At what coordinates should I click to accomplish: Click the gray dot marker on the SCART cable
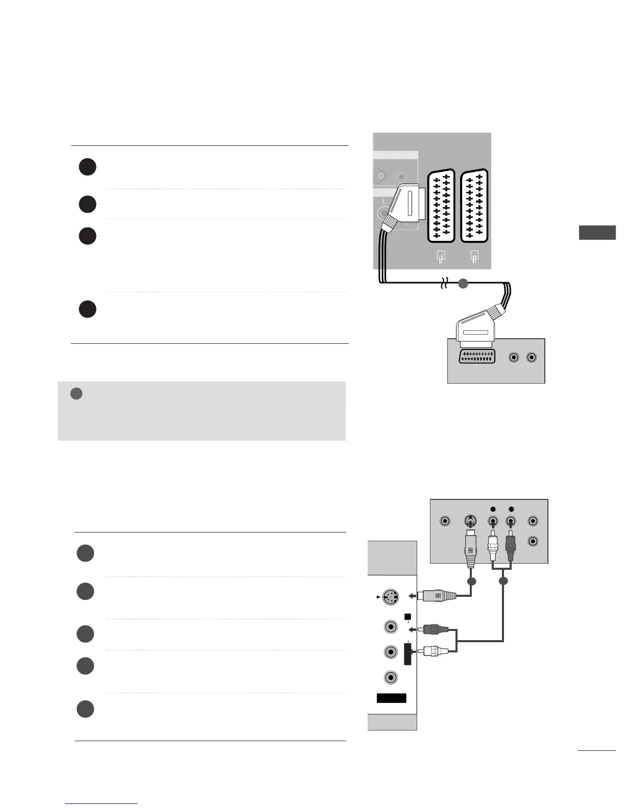[x=463, y=284]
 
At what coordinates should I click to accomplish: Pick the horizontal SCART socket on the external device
[x=477, y=357]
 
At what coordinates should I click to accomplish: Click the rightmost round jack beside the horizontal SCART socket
[x=532, y=358]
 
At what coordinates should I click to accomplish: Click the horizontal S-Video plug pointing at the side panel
[x=437, y=595]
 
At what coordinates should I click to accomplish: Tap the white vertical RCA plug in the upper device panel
[x=493, y=548]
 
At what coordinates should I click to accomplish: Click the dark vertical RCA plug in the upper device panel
[x=511, y=548]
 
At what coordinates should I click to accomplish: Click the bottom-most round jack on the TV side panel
[x=391, y=677]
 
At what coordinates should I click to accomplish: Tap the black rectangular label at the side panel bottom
[x=392, y=698]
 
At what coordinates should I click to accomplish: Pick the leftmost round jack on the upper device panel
[x=445, y=521]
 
